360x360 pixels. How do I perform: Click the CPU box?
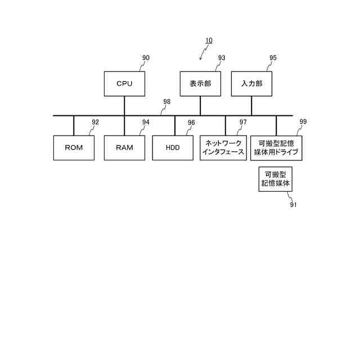(124, 84)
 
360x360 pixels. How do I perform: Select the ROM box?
(74, 148)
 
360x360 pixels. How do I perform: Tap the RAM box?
(124, 148)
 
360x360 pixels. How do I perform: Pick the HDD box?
(173, 148)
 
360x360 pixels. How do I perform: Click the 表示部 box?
(200, 84)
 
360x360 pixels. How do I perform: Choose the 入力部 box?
(251, 84)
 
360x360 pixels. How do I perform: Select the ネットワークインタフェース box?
(223, 148)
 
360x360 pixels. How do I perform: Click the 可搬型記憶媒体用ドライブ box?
(276, 148)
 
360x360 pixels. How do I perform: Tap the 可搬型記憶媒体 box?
(276, 179)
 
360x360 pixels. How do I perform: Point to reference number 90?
(146, 58)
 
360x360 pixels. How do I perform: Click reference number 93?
(222, 58)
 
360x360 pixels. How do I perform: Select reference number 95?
(273, 58)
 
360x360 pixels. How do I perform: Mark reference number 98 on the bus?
(167, 102)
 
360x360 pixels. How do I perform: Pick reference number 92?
(95, 122)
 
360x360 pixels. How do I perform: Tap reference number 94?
(146, 122)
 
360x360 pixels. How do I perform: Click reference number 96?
(191, 122)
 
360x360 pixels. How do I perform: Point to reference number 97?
(243, 122)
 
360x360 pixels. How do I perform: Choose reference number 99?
(303, 121)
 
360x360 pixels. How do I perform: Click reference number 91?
(293, 205)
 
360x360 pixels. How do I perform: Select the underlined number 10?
(209, 40)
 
